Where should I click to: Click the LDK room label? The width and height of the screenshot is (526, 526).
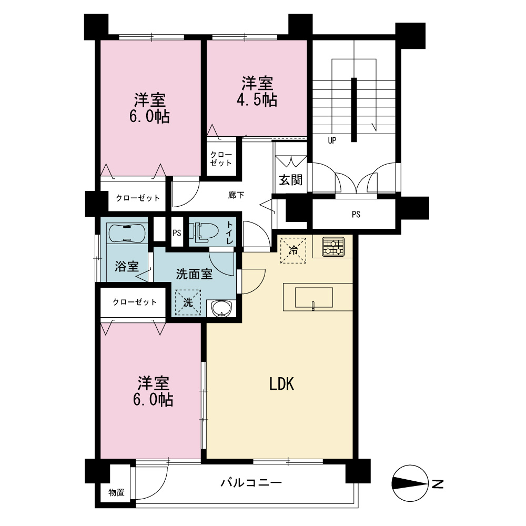point(281,384)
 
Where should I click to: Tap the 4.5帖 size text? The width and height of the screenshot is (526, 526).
point(257,99)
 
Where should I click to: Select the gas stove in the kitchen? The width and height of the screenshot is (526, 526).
point(333,247)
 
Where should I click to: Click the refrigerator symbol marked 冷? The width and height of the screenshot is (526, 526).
point(293,250)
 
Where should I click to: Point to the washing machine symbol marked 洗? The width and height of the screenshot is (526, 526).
point(188,302)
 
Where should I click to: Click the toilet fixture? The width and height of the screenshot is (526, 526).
point(203,231)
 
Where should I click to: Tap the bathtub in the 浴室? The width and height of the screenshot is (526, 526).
point(127,232)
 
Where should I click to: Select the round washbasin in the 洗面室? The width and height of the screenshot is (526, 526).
point(222,308)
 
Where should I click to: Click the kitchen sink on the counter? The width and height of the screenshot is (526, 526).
point(313,297)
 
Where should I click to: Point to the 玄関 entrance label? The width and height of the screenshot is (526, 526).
point(291,180)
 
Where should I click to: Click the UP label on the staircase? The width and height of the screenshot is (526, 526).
point(332,140)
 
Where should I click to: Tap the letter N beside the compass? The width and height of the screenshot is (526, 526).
point(438,484)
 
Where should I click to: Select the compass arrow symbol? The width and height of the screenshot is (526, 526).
point(410,483)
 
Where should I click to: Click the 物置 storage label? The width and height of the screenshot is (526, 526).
point(116,492)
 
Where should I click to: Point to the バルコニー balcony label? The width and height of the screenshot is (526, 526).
point(251,483)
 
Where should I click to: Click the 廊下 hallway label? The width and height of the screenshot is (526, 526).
point(236,195)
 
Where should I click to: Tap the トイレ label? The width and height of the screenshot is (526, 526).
point(230,232)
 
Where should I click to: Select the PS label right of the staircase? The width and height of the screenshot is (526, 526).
point(356,214)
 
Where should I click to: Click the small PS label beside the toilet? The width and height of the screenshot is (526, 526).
point(177,232)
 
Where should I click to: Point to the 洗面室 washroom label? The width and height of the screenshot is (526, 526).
point(194,274)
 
